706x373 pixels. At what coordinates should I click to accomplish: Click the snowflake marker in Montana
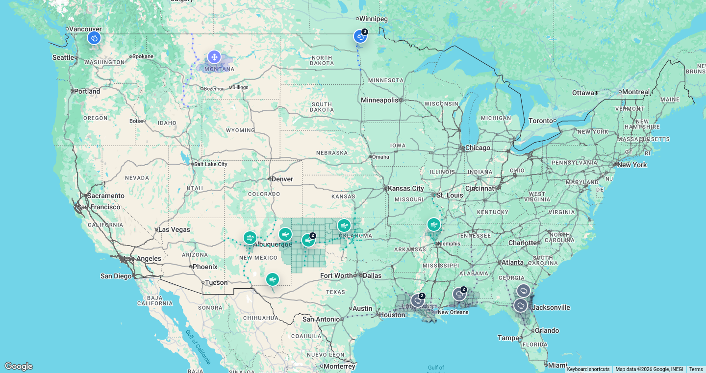(x=214, y=57)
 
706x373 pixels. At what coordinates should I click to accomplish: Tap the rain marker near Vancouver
(x=94, y=38)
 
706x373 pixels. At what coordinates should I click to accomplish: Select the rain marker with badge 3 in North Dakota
(x=360, y=36)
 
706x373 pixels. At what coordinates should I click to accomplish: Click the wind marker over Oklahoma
(x=344, y=225)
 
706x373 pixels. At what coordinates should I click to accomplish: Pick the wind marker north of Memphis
(x=433, y=224)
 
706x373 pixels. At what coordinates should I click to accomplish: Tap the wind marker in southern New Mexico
(x=272, y=279)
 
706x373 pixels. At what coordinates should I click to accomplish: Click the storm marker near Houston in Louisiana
(x=417, y=300)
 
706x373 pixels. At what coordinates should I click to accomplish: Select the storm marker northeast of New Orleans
(x=459, y=294)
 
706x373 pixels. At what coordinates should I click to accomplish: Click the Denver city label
(x=282, y=179)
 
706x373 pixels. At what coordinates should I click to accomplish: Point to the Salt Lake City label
(x=210, y=164)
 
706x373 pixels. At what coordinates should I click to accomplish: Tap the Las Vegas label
(x=174, y=229)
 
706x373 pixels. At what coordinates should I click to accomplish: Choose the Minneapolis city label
(x=379, y=100)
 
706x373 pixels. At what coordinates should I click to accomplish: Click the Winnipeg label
(x=373, y=19)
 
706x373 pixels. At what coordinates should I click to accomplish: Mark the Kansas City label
(x=406, y=188)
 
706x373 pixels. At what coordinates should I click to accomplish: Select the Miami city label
(x=558, y=365)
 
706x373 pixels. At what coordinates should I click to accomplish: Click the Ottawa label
(x=583, y=93)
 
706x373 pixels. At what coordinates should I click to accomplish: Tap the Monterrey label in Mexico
(x=339, y=366)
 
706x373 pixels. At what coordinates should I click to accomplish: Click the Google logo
(x=19, y=366)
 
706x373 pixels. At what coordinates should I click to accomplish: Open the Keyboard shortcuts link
(x=588, y=370)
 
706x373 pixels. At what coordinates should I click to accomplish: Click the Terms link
(x=696, y=370)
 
